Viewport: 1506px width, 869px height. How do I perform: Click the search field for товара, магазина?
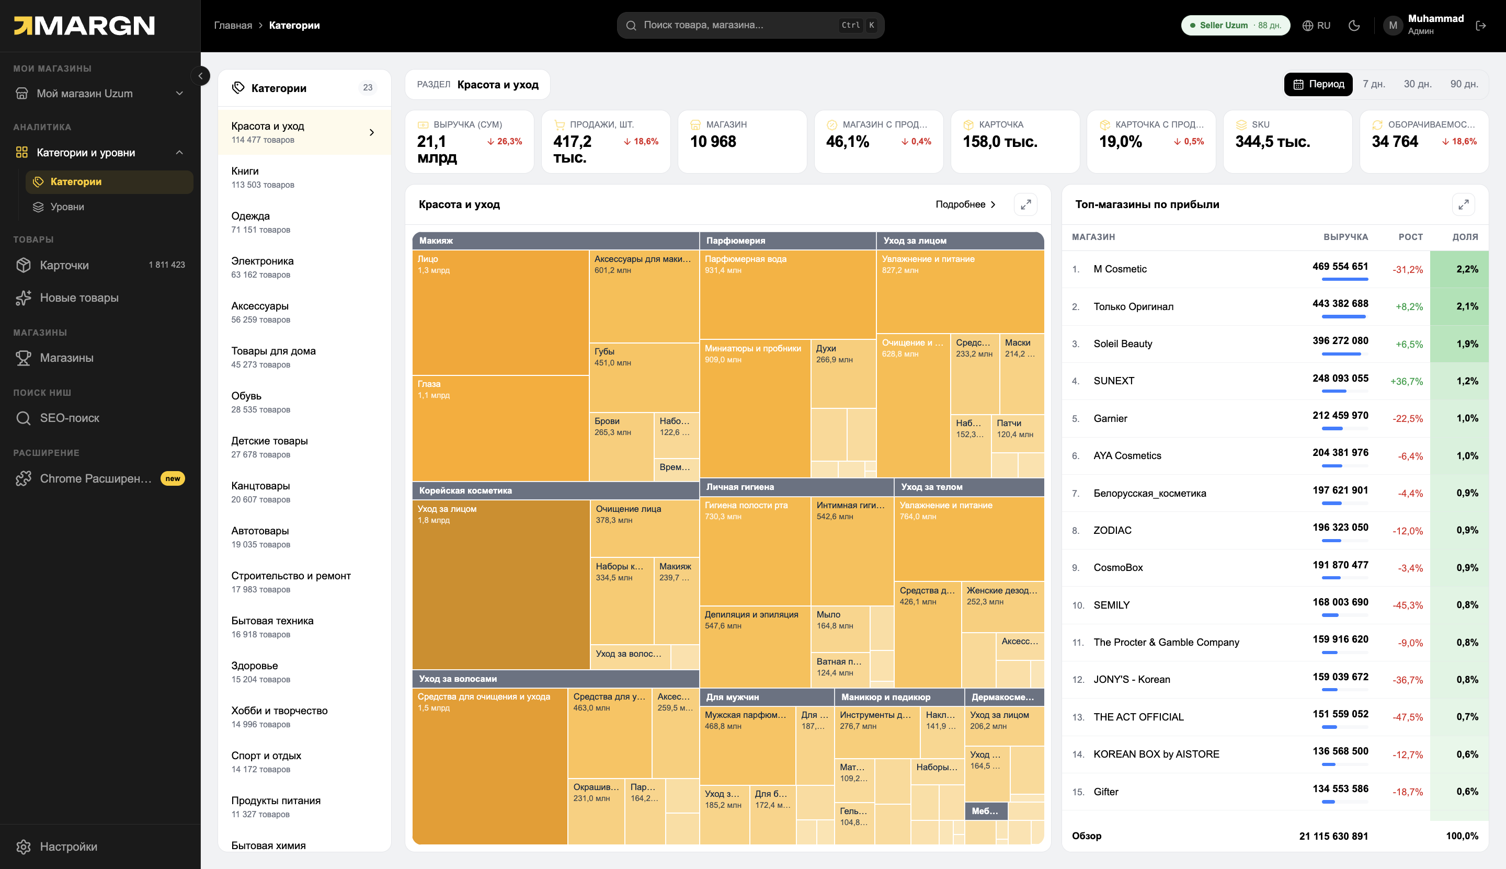750,25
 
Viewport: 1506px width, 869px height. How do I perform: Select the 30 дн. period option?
1417,84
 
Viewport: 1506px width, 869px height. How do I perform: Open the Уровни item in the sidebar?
67,207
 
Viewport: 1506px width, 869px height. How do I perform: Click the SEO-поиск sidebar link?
69,418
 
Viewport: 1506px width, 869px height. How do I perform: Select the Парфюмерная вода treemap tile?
788,294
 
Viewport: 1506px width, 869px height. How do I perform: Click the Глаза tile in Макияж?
500,428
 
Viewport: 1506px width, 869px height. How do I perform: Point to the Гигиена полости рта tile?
755,550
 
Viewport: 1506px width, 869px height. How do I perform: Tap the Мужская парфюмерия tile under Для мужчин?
747,745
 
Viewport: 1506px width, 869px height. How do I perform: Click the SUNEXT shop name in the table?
1114,381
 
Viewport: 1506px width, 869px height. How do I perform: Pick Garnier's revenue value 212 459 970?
1340,415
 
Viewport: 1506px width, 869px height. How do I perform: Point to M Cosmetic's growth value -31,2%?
1408,270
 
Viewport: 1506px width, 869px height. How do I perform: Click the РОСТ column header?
1410,237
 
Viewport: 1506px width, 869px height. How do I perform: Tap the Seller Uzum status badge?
1235,25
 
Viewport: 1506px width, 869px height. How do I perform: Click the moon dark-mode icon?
1354,25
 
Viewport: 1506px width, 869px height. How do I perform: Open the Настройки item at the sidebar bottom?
68,847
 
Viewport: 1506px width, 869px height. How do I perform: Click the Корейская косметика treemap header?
555,490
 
